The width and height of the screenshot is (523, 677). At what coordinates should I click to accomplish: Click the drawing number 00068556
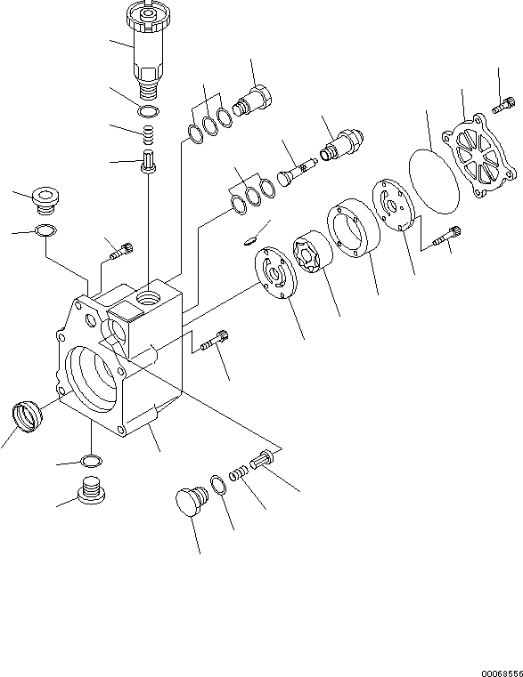[x=502, y=673]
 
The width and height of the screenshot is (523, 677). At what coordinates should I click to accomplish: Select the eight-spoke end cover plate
[x=478, y=157]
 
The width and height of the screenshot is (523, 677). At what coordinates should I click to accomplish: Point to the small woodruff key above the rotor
[x=250, y=239]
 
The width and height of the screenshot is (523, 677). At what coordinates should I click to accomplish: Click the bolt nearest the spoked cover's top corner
[x=503, y=105]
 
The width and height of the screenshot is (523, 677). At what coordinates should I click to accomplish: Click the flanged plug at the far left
[x=45, y=201]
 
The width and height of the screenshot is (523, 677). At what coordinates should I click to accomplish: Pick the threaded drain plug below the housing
[x=91, y=490]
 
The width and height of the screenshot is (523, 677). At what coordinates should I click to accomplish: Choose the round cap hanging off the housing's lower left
[x=27, y=416]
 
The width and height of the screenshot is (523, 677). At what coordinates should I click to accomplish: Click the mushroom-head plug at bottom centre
[x=192, y=501]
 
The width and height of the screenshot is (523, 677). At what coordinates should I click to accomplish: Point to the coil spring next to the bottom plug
[x=239, y=473]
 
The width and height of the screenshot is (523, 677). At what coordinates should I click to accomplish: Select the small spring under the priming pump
[x=149, y=135]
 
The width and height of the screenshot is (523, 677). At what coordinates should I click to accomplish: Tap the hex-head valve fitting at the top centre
[x=252, y=101]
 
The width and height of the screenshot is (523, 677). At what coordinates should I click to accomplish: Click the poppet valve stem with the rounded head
[x=298, y=172]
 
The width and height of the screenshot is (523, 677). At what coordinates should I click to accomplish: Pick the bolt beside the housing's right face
[x=215, y=340]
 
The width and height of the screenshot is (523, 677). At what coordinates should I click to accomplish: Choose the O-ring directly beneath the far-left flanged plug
[x=45, y=230]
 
